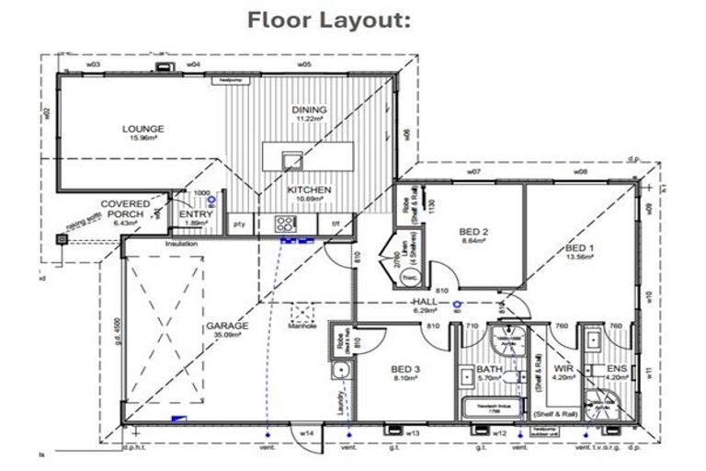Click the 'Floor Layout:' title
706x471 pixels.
click(328, 20)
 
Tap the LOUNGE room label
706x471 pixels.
click(142, 129)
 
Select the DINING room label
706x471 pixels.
click(309, 110)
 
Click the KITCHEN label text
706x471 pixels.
click(308, 190)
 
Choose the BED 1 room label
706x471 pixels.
click(580, 248)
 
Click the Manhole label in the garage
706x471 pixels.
click(302, 325)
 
